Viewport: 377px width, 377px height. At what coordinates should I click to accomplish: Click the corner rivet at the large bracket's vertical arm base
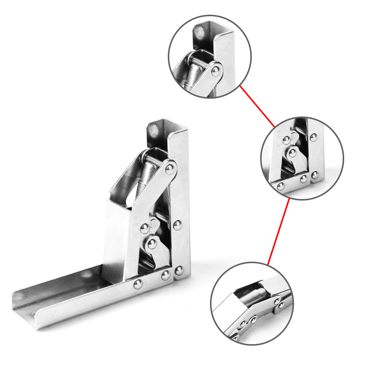pyautogui.click(x=179, y=270)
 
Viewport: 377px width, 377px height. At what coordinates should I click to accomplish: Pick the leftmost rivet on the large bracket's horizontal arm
pyautogui.click(x=138, y=285)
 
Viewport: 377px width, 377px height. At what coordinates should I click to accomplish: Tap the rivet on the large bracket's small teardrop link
pyautogui.click(x=152, y=244)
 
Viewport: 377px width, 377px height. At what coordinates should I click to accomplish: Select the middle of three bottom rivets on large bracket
pyautogui.click(x=166, y=276)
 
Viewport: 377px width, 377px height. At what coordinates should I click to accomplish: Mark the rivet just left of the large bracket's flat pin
pyautogui.click(x=145, y=228)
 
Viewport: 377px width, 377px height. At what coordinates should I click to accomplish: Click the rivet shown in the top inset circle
pyautogui.click(x=216, y=70)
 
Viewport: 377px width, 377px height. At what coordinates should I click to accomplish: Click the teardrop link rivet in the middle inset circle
pyautogui.click(x=292, y=153)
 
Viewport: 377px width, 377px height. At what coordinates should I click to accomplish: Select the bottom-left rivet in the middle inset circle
pyautogui.click(x=280, y=186)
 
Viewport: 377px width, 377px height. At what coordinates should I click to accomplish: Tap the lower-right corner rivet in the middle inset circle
pyautogui.click(x=315, y=175)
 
